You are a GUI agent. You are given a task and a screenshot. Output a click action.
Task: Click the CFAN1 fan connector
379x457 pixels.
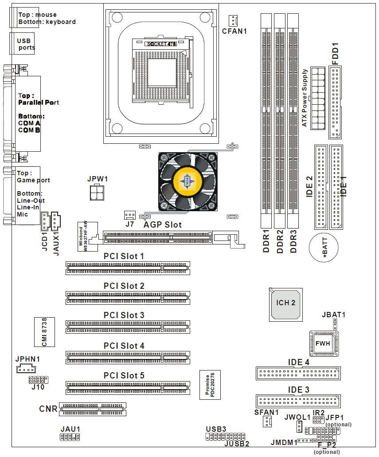point(233,20)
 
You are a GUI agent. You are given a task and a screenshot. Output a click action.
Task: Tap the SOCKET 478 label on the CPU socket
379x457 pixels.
point(161,44)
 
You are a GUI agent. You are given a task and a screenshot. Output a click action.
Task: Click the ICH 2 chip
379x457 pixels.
point(286,304)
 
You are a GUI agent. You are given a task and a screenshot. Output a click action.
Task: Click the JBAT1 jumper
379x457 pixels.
point(336,327)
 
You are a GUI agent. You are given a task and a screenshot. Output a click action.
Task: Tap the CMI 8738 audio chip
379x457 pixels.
point(44,331)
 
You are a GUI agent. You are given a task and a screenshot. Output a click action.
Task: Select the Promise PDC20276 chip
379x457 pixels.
point(210,384)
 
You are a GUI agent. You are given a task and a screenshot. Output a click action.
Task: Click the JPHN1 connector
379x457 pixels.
point(27,369)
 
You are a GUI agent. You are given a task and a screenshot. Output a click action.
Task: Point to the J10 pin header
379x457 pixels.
point(38,380)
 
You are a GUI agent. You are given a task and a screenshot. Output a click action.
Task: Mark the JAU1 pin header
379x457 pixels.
point(70,437)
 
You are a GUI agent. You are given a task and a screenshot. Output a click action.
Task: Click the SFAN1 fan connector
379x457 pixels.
point(267,422)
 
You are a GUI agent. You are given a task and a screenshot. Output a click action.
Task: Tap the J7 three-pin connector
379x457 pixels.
point(129,215)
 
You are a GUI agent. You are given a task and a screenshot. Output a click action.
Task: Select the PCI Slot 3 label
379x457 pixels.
point(124,315)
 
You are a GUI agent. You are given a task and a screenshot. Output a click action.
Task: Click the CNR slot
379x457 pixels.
point(93,409)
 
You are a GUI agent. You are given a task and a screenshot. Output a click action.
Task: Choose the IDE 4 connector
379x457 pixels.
point(298,373)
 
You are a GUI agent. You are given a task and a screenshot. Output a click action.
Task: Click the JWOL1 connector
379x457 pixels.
point(300,427)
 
